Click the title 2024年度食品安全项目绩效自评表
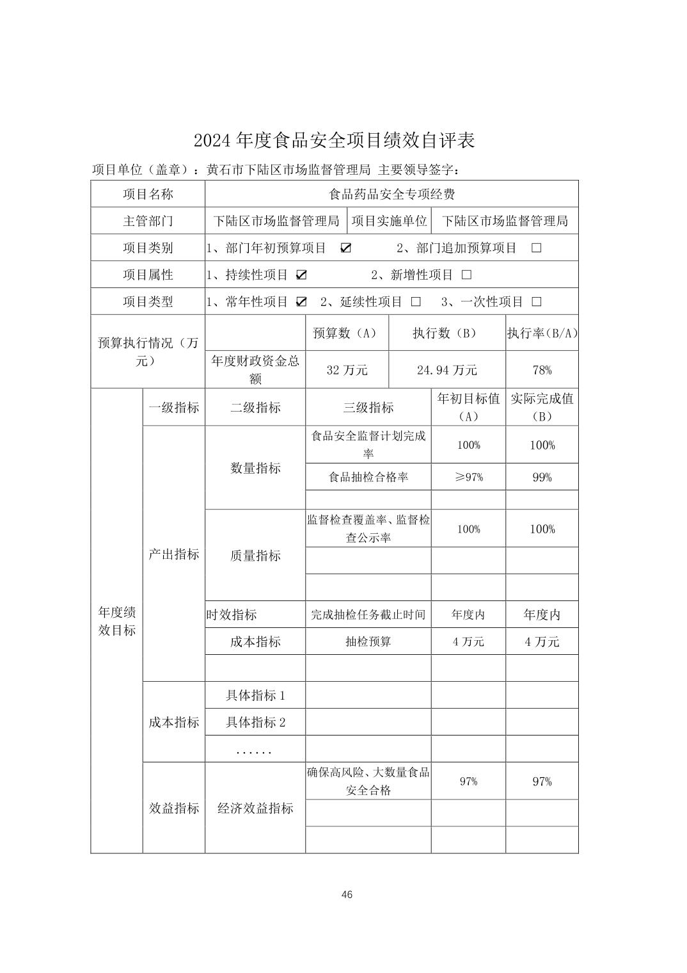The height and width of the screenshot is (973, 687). tap(335, 141)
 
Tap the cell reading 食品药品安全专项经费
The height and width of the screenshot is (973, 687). tap(391, 194)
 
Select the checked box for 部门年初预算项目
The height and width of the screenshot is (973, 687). tap(345, 248)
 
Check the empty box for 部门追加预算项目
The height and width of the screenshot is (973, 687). tap(536, 248)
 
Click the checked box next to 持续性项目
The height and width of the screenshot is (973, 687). tap(301, 275)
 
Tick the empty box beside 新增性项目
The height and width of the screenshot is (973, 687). tap(466, 275)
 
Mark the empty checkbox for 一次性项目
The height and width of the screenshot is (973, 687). tap(536, 302)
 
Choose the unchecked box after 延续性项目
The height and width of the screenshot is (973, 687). tap(416, 302)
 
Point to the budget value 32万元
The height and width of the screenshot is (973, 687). tap(347, 370)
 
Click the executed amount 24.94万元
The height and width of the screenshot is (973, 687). tap(447, 370)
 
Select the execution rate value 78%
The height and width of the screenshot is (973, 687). tap(541, 370)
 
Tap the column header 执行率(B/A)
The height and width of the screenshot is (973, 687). tap(542, 334)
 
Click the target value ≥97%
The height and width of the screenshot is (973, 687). tap(468, 477)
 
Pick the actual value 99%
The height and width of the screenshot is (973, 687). tap(542, 477)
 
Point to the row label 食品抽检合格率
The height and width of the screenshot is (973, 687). tap(368, 477)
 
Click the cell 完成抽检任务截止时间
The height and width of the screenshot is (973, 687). tap(368, 615)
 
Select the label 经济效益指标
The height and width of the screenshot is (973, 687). tap(255, 808)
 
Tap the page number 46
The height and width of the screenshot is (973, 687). tap(347, 895)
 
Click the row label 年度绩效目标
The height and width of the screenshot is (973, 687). tap(116, 621)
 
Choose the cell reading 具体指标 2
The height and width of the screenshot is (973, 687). tap(255, 723)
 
